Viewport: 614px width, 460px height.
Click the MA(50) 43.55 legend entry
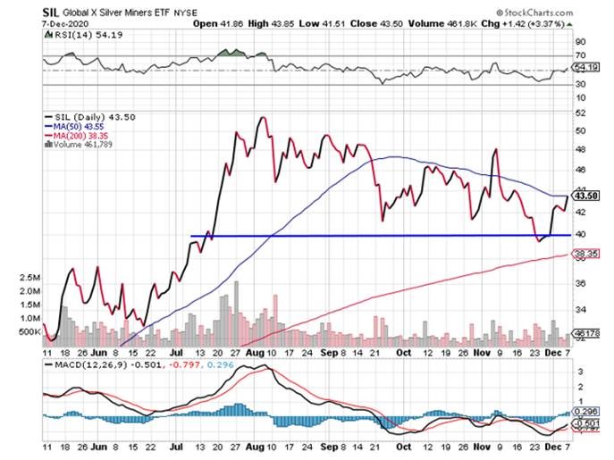[x=78, y=126]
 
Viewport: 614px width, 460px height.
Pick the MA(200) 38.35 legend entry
[x=80, y=136]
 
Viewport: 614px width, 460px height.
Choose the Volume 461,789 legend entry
[x=82, y=146]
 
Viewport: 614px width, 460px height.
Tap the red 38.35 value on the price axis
[x=586, y=255]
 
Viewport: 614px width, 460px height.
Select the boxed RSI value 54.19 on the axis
[x=586, y=68]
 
